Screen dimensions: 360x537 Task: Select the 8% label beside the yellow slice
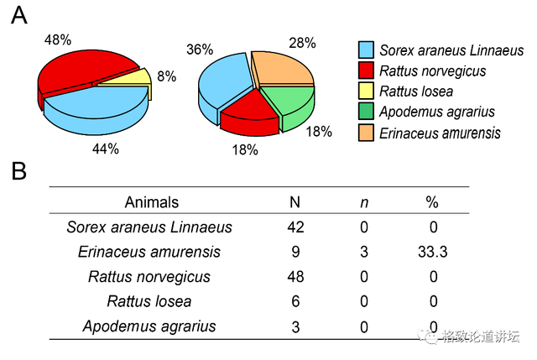click(166, 77)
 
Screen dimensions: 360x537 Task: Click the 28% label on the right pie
click(301, 43)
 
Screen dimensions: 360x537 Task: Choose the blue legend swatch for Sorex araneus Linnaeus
click(366, 50)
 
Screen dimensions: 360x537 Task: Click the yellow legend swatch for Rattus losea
click(366, 91)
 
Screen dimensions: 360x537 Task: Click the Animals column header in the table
click(151, 201)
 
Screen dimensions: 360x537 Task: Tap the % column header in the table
click(432, 201)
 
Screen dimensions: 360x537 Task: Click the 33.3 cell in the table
click(432, 252)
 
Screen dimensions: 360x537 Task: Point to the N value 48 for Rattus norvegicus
click(295, 277)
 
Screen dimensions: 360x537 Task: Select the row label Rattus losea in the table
click(149, 301)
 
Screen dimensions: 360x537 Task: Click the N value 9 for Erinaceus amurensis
click(295, 252)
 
